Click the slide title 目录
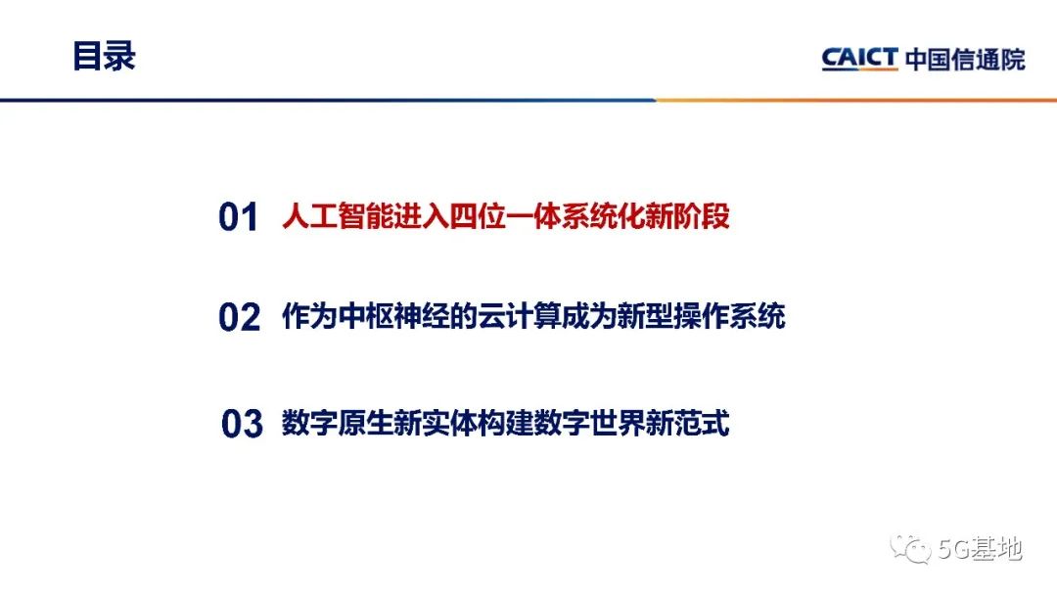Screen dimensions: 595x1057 [104, 56]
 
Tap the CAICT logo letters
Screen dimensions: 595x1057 [858, 59]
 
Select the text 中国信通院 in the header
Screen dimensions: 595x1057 [964, 59]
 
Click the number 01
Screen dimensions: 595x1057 [238, 217]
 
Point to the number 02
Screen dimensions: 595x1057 [239, 318]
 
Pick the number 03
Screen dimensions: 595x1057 [242, 425]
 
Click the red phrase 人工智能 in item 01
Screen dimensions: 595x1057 [337, 216]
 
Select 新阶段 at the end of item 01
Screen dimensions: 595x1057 [688, 216]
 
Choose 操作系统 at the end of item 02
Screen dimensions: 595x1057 [729, 317]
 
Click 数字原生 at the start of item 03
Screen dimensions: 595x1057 [337, 424]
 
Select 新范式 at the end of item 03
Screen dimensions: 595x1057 [688, 424]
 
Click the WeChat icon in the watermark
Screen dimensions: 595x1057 [918, 550]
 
